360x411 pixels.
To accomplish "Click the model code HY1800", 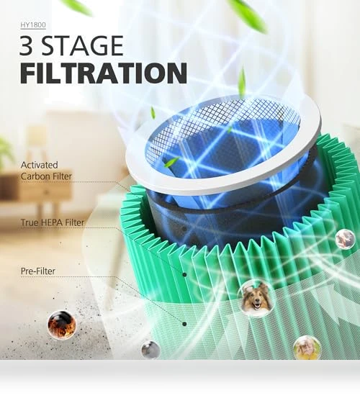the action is coord(33,25).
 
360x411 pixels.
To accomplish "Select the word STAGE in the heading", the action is coord(83,45).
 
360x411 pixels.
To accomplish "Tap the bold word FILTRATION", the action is coord(104,73).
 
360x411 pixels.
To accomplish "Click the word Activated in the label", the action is coord(40,165).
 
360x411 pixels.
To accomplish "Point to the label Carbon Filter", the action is coord(46,176).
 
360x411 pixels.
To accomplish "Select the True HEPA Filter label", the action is coord(53,222).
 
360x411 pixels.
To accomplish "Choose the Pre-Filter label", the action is coord(38,271).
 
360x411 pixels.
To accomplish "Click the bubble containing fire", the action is coord(62,325).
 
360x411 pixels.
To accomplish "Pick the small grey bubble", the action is coord(150,349).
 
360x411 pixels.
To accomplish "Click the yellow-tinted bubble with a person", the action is coord(307,348).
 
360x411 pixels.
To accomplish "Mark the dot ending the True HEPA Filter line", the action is coord(184,275).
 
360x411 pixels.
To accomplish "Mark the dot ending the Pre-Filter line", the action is coord(184,324).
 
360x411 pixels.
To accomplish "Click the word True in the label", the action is coord(30,222).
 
